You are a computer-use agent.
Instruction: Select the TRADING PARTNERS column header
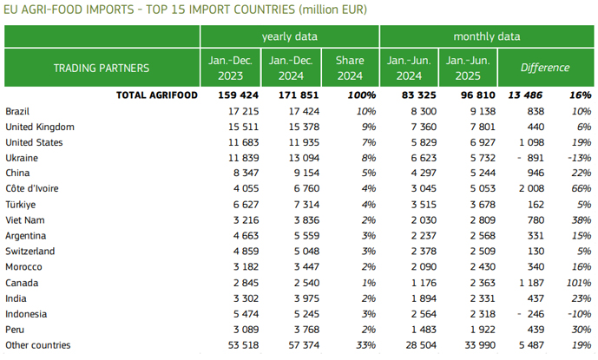pos(102,68)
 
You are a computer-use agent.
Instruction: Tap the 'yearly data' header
pos(289,36)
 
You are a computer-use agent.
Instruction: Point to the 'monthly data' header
pos(486,36)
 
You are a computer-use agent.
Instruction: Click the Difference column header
pos(545,68)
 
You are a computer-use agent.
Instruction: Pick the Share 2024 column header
pos(349,68)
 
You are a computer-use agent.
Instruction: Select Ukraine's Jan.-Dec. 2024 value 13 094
pos(291,158)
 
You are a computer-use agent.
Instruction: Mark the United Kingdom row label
pos(40,127)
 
